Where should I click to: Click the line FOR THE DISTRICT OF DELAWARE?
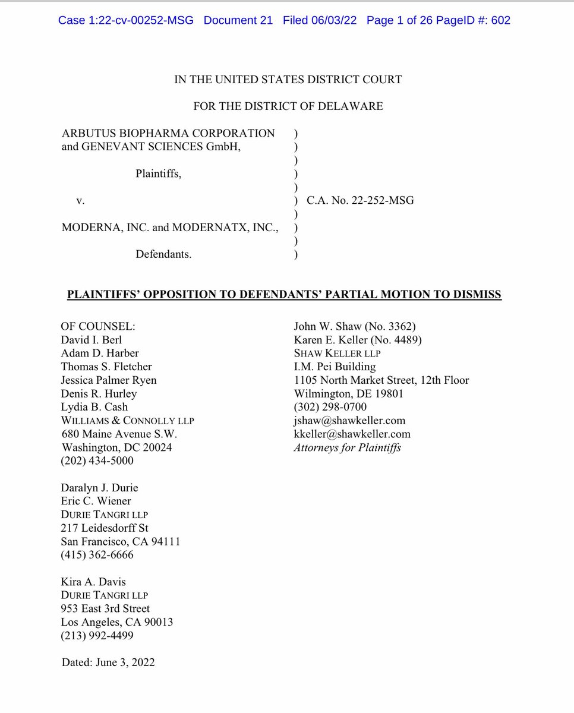(x=288, y=106)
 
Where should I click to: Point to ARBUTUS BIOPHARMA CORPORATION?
(x=168, y=133)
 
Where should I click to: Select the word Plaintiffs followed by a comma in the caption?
(x=159, y=173)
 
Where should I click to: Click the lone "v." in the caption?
(x=80, y=201)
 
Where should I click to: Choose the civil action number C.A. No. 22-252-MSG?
(x=360, y=201)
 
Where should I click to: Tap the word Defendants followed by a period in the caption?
(x=163, y=254)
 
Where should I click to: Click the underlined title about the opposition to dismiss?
(x=284, y=294)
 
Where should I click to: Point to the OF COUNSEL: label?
(x=98, y=327)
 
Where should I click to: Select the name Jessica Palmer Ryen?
(x=109, y=380)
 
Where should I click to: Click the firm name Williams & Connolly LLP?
(x=127, y=421)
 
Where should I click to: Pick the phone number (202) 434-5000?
(x=97, y=460)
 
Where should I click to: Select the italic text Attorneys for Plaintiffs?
(x=347, y=447)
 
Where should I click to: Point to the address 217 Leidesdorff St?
(x=105, y=528)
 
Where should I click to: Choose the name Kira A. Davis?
(x=93, y=582)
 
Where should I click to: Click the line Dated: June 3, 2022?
(x=108, y=662)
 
